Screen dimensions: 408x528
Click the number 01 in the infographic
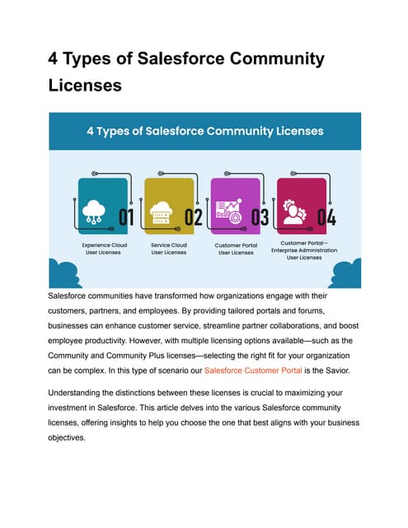point(126,218)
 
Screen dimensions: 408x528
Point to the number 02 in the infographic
point(193,218)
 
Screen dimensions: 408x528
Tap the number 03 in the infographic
point(260,218)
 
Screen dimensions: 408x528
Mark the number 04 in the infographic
point(326,218)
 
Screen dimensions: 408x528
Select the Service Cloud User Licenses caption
point(169,248)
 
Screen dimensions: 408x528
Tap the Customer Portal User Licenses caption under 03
point(236,248)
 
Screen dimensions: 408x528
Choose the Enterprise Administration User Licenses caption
point(305,250)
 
